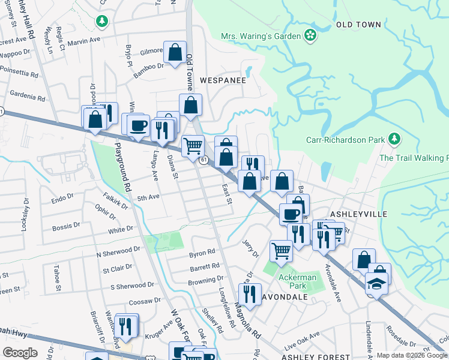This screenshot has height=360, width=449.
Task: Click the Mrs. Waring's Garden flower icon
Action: (310, 35)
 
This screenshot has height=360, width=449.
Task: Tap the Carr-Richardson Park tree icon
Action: (394, 140)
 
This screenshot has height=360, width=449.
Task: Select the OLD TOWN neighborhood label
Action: (359, 25)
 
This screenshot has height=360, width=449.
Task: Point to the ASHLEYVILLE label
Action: (359, 214)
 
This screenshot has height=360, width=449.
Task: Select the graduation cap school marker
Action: (376, 283)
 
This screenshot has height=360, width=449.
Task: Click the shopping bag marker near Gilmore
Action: (175, 52)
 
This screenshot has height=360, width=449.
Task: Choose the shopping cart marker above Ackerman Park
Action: (281, 251)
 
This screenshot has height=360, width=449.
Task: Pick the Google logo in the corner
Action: (20, 353)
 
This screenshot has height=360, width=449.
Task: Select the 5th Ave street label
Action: (148, 197)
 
